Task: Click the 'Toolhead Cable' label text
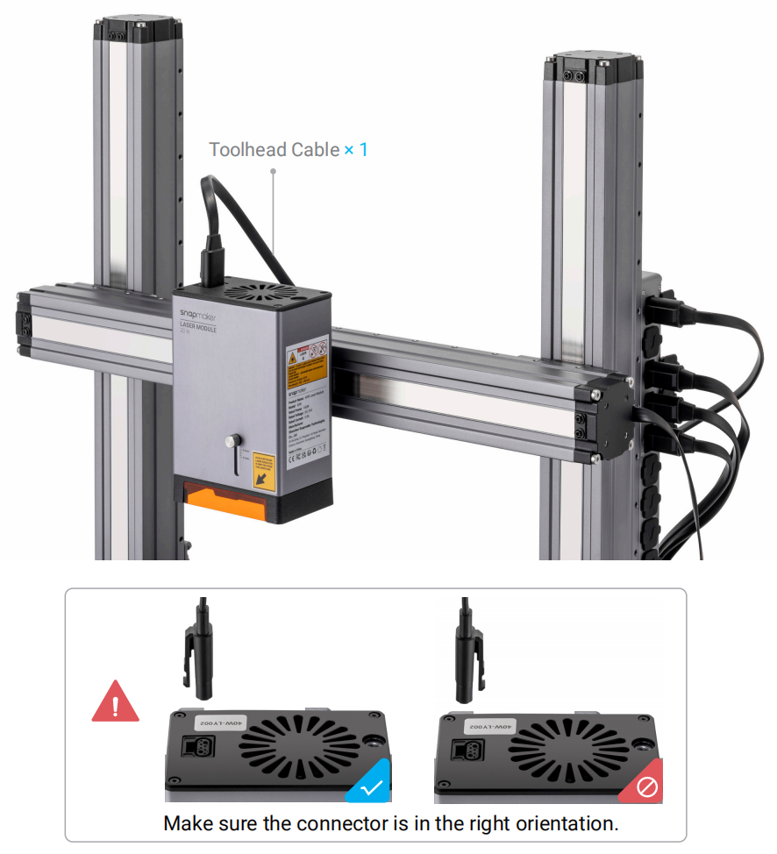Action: (274, 150)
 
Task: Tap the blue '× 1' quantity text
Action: (356, 150)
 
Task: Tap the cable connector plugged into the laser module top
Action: (212, 261)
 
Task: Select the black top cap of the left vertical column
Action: (138, 29)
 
